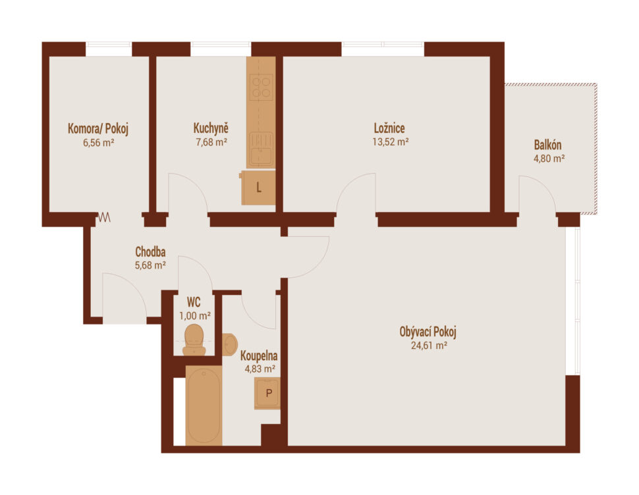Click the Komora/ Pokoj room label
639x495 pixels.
98,128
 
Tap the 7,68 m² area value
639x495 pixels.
211,142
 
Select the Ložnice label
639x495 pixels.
389,128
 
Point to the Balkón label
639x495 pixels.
547,145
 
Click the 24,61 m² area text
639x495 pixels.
429,346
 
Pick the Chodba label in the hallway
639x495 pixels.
150,251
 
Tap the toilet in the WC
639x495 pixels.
194,340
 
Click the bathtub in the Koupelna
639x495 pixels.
204,405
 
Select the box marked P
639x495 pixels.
267,393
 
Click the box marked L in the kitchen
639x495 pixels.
258,188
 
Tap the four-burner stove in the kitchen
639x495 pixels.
262,88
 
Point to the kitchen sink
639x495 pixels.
262,149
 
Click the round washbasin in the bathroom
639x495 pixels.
230,345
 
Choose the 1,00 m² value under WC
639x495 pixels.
195,315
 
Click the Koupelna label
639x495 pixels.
259,355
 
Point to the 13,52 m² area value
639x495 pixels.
391,142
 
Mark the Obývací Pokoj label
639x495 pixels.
428,332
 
